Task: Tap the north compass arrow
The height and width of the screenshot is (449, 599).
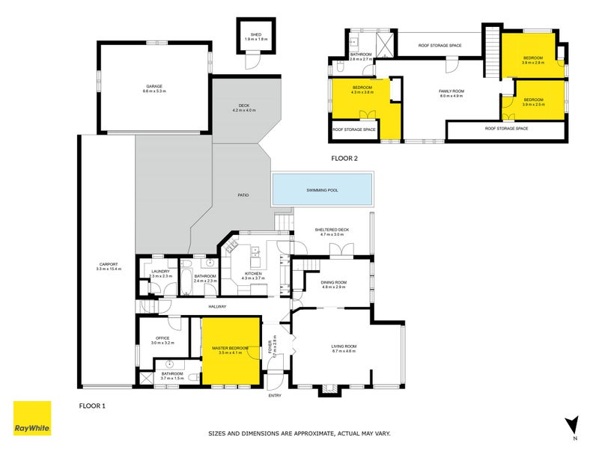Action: pyautogui.click(x=573, y=425)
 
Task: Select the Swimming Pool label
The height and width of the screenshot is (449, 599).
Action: pyautogui.click(x=322, y=190)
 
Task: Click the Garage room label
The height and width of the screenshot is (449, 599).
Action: pyautogui.click(x=154, y=86)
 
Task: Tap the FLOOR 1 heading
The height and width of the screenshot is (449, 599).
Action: pyautogui.click(x=94, y=405)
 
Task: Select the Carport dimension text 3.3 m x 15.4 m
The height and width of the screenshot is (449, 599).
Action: pyautogui.click(x=109, y=269)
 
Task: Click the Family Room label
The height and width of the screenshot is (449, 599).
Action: pyautogui.click(x=451, y=91)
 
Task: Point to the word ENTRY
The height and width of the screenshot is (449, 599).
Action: pyautogui.click(x=275, y=396)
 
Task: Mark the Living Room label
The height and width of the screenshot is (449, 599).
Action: pyautogui.click(x=344, y=346)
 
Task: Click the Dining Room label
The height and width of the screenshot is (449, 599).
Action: pyautogui.click(x=334, y=282)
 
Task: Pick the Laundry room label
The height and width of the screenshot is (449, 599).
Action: pyautogui.click(x=161, y=272)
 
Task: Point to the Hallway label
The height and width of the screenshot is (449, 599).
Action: pyautogui.click(x=216, y=306)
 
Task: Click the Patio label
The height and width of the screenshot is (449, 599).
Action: pyautogui.click(x=243, y=195)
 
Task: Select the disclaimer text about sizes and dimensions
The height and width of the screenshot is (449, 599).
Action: pyautogui.click(x=299, y=433)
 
